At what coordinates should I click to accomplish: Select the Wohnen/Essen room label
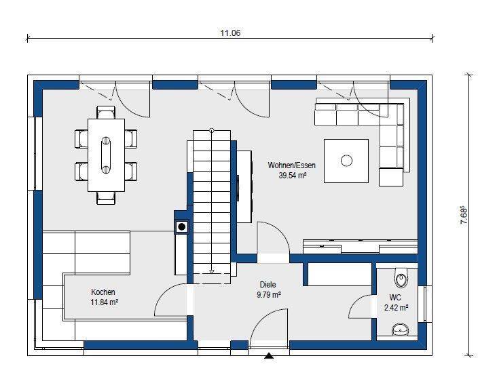[x=291, y=165]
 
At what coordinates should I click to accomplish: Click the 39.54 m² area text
[x=292, y=175]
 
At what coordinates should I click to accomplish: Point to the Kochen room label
[x=103, y=292]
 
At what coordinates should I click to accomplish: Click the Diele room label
[x=268, y=285]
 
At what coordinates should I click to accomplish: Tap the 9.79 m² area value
[x=269, y=296]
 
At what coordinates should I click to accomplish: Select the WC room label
[x=395, y=298]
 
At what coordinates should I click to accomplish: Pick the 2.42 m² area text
[x=396, y=307]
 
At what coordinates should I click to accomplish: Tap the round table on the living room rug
[x=346, y=161]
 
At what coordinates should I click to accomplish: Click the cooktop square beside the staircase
[x=181, y=227]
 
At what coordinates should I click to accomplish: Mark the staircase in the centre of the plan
[x=211, y=203]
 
